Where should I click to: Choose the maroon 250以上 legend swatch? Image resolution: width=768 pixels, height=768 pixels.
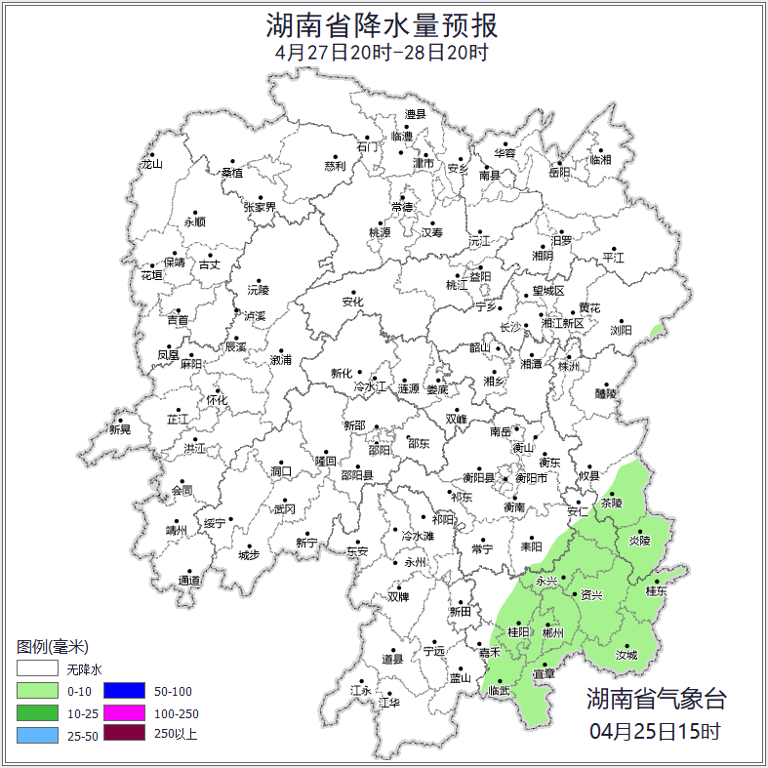123,734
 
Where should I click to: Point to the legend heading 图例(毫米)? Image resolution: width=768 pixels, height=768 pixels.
53,646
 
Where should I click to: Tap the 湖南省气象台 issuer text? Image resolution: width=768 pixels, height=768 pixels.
656,699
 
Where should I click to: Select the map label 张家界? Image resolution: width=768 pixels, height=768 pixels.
261,207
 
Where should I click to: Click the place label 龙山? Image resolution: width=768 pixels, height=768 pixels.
151,164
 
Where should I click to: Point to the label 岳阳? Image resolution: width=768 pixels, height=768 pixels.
559,174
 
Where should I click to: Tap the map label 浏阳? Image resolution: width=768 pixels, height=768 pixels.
622,330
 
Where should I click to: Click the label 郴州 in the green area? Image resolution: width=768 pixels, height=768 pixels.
552,632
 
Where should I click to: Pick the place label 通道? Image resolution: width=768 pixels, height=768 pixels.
189,581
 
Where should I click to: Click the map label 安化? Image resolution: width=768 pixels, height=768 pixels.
352,303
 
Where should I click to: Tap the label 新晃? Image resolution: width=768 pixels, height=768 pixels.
120,429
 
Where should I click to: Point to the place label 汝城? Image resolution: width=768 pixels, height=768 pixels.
626,655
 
